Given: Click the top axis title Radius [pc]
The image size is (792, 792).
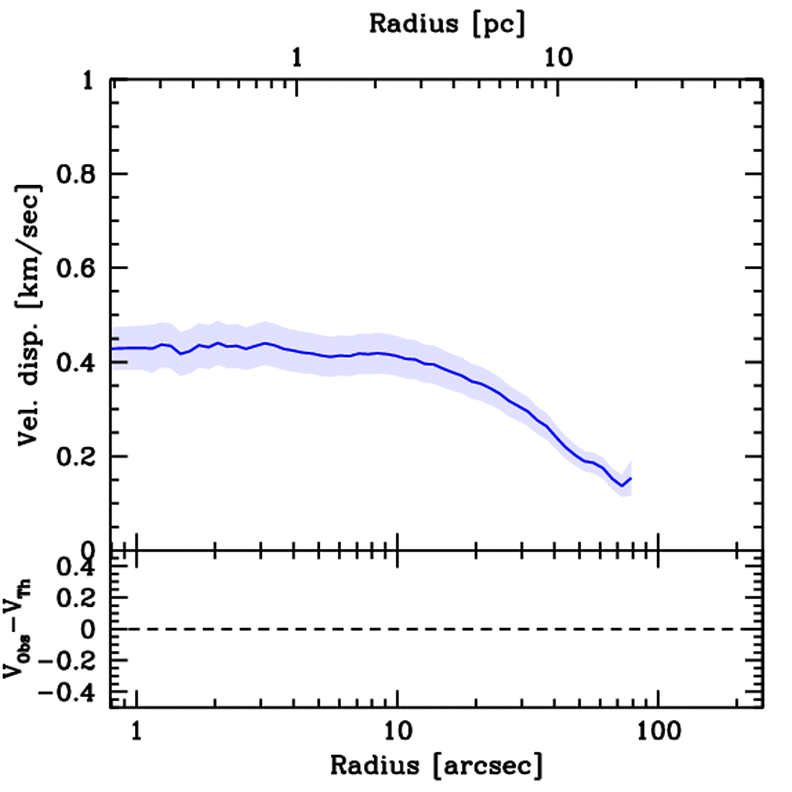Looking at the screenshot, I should click(x=447, y=24).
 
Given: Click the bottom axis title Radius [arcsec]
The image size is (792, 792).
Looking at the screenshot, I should click(x=436, y=766).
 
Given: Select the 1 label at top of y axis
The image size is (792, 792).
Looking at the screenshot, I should click(x=91, y=80).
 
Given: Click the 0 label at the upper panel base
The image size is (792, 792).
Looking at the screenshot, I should click(x=91, y=551).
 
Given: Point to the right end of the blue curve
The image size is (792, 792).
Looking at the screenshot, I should click(x=630, y=479).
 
